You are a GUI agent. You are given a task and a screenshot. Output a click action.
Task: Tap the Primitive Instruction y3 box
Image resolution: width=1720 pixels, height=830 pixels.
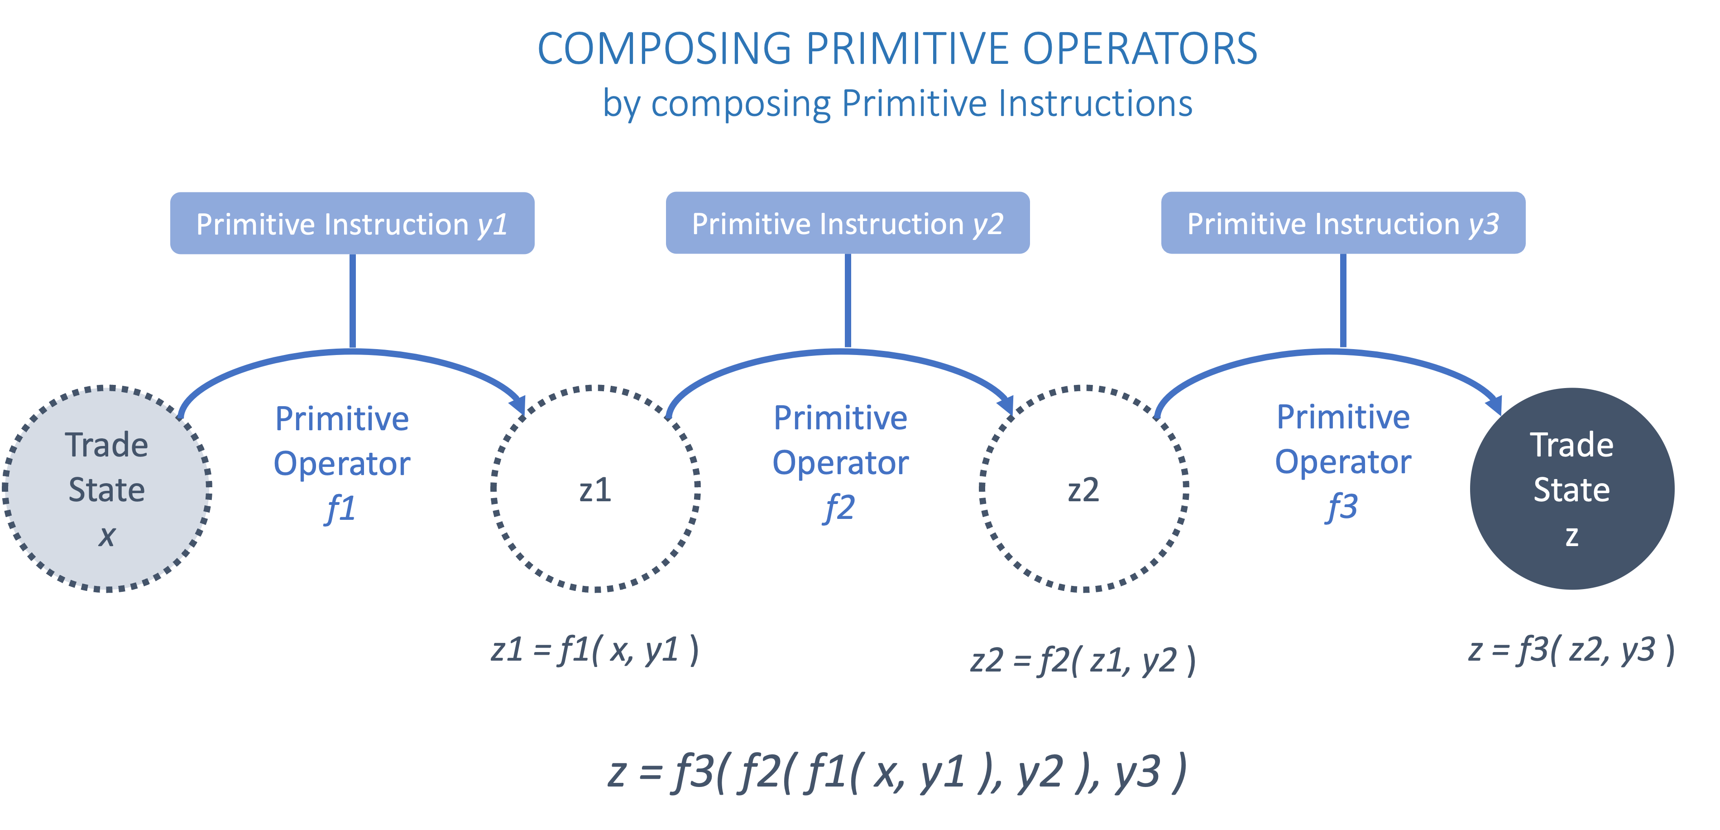[1343, 223]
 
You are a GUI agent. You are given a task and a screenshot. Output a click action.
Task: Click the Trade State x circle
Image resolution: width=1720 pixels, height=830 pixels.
[107, 489]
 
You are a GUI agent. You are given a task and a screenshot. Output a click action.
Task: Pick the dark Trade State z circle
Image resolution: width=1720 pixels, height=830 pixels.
[1572, 489]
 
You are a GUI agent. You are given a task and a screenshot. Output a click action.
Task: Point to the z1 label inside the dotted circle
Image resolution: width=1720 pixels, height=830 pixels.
[595, 490]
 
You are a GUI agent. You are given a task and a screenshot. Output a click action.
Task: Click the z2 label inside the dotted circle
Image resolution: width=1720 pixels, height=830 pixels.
[1083, 490]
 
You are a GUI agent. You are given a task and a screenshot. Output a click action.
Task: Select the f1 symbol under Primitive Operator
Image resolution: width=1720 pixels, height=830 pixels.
[340, 509]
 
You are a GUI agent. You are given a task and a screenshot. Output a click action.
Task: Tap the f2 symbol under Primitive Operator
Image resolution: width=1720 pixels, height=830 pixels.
[839, 509]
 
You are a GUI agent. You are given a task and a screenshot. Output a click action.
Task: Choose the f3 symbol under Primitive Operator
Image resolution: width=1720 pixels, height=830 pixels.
[1342, 508]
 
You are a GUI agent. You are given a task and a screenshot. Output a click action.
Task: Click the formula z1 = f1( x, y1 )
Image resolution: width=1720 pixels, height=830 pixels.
[594, 650]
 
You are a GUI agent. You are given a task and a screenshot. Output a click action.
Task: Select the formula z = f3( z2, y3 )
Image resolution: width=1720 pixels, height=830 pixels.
[1571, 650]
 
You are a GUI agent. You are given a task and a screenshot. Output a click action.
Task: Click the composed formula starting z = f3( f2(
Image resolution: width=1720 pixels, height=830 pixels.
[897, 772]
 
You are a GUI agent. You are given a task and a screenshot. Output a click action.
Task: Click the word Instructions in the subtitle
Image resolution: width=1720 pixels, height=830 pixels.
[1095, 104]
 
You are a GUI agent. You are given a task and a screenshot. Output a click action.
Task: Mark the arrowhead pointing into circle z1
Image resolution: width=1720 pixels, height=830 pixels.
[518, 404]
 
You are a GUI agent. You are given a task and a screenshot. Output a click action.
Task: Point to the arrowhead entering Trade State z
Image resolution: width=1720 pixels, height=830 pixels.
[1495, 404]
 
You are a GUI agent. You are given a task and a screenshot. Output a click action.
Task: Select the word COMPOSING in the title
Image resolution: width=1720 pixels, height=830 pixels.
[664, 49]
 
